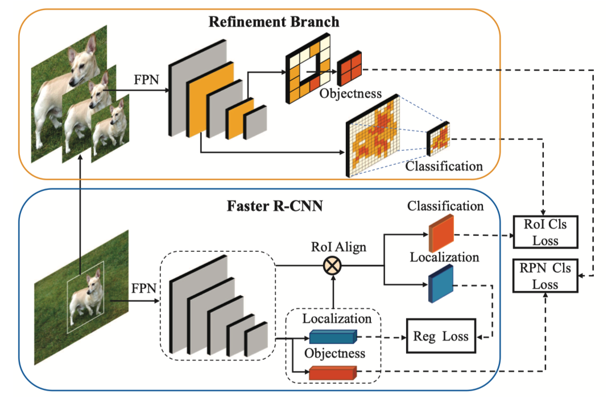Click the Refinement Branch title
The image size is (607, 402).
tap(274, 22)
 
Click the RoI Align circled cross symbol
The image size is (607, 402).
tap(331, 266)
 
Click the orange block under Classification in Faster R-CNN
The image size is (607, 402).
tap(441, 233)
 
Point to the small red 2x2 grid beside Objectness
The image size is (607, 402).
tap(349, 71)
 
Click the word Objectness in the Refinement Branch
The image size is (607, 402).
tap(350, 93)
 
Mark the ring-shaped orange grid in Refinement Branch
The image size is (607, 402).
tap(308, 64)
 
